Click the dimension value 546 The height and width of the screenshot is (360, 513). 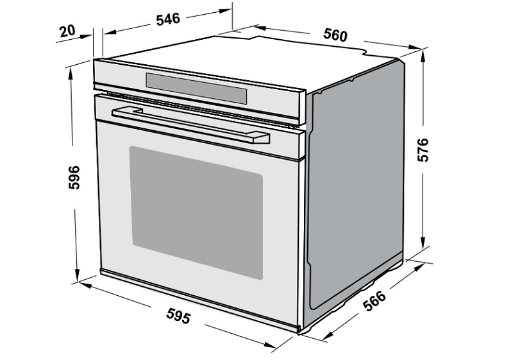pos(168,19)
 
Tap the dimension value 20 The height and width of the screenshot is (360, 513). pos(67,31)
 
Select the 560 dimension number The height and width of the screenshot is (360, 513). pos(335,35)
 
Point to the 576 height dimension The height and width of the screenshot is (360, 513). pos(423,150)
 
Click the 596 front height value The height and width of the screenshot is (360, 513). pos(74,177)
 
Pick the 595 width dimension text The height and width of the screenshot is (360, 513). pos(178,316)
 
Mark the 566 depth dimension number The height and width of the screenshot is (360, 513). pos(374,301)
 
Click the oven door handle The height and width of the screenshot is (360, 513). pos(190,125)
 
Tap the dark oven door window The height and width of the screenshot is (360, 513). pos(196,213)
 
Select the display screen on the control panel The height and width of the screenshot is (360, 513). pos(196,88)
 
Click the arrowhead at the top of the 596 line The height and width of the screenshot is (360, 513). pos(70,75)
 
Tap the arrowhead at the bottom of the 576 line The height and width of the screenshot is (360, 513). pos(423,243)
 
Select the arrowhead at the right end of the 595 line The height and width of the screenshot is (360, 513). pos(271,345)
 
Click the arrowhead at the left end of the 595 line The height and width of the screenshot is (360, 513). pos(85,286)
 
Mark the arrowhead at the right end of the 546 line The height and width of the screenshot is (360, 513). pos(225,11)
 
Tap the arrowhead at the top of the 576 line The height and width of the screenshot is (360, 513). pos(423,57)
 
